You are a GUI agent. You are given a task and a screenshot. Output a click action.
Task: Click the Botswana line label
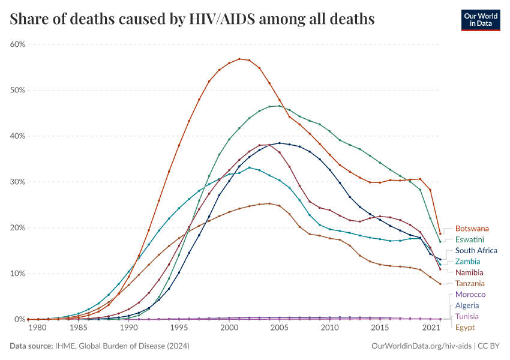472,229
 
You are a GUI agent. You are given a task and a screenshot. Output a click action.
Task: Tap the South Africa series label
476,251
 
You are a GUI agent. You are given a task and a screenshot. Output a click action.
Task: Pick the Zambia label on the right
468,262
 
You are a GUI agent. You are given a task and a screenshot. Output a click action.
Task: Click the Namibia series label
469,272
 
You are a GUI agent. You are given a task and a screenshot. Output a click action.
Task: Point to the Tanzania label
470,283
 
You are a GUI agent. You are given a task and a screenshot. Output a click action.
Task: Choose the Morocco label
470,295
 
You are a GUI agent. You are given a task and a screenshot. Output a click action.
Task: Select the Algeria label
467,305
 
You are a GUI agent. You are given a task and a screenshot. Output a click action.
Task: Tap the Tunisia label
467,316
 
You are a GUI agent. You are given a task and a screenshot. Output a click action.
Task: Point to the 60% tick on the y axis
17,44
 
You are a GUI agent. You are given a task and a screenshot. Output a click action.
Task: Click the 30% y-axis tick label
17,182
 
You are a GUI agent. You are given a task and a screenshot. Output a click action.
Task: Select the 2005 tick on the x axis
279,329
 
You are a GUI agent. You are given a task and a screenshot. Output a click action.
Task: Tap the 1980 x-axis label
37,329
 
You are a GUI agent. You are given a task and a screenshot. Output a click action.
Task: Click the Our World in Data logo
481,20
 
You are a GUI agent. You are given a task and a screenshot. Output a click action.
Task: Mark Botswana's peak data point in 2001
239,59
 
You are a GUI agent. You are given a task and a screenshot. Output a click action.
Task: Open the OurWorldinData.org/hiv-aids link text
421,346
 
